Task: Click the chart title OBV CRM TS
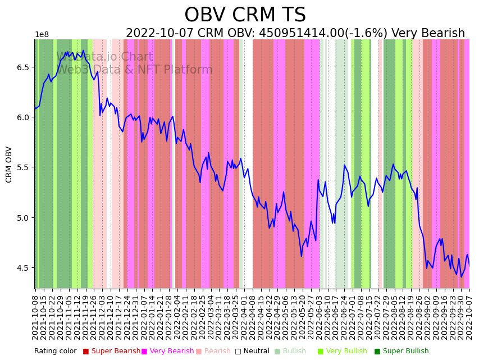pos(245,15)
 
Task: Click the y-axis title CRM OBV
pos(9,164)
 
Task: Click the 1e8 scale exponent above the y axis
pos(42,35)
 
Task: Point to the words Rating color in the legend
pos(55,352)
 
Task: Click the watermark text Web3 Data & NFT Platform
pos(135,70)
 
